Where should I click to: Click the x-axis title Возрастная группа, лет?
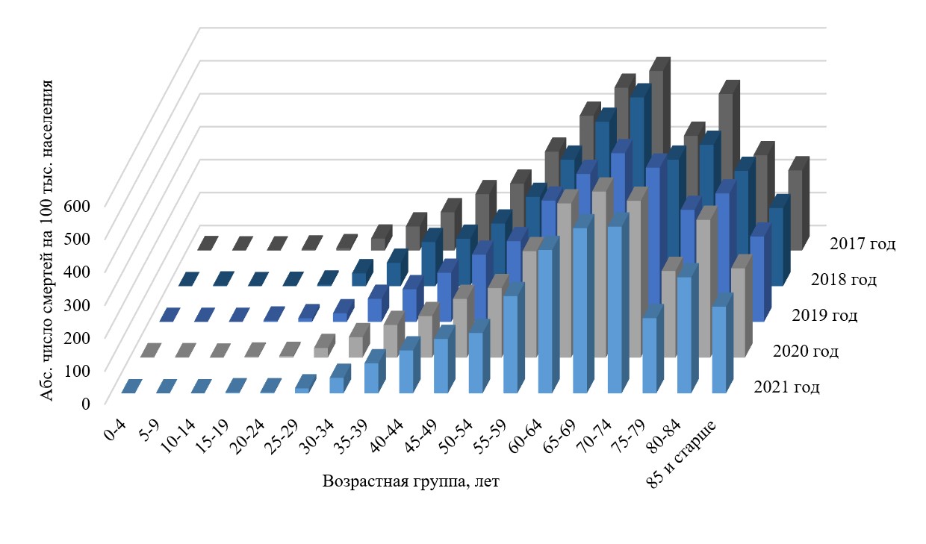point(411,481)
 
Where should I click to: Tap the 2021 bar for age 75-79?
point(650,355)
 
